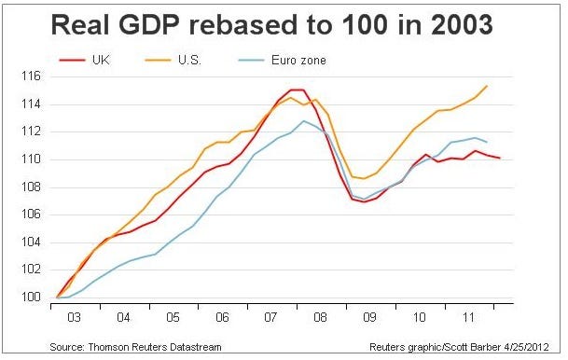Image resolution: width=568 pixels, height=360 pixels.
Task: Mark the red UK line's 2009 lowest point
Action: pyautogui.click(x=364, y=201)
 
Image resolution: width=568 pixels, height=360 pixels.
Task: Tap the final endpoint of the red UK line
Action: pyautogui.click(x=500, y=158)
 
